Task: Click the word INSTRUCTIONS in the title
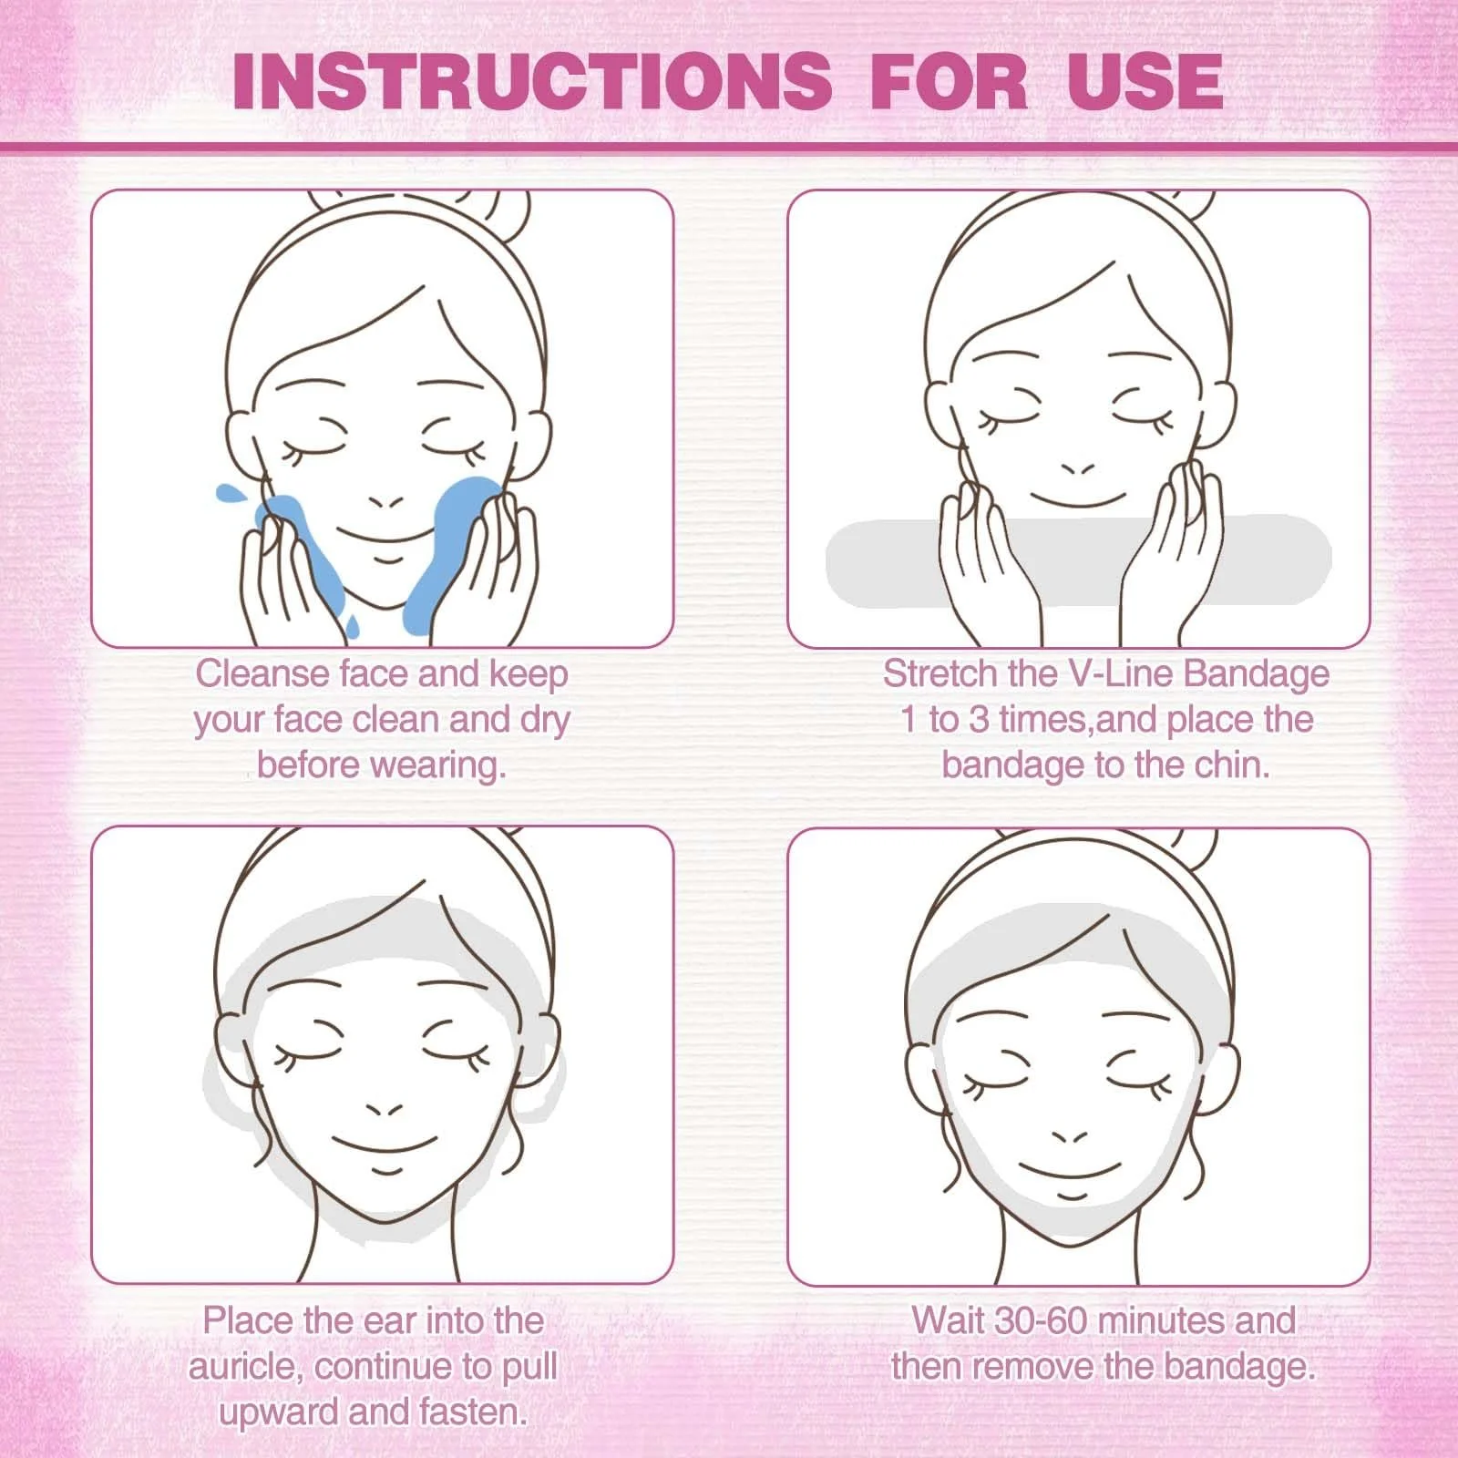532,81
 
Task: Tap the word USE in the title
1145,81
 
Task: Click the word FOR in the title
950,81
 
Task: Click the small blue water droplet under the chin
352,625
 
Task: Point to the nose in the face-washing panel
386,501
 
